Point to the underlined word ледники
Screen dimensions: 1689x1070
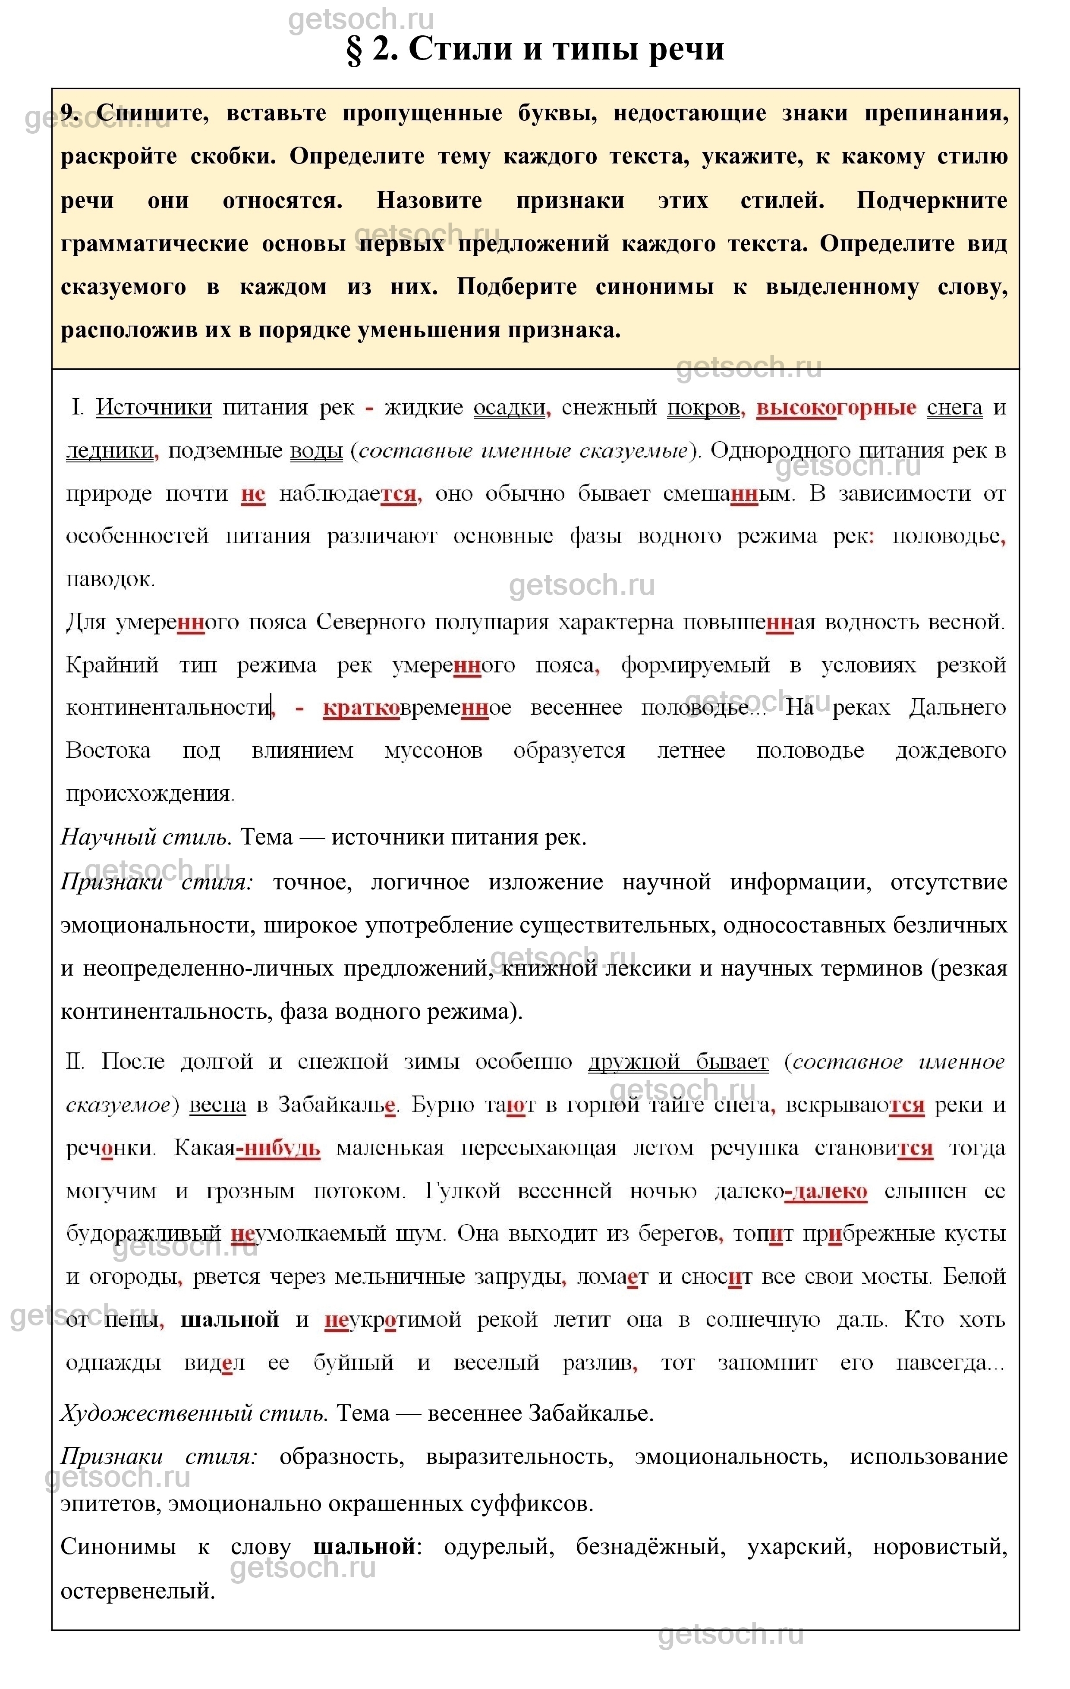[x=110, y=451]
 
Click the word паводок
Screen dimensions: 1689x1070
[x=110, y=579]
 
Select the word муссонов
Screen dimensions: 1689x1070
[x=433, y=750]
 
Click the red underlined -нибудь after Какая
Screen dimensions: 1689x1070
[x=279, y=1148]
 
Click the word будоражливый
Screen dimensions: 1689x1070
[x=144, y=1234]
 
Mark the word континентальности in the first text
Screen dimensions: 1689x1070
[x=168, y=708]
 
